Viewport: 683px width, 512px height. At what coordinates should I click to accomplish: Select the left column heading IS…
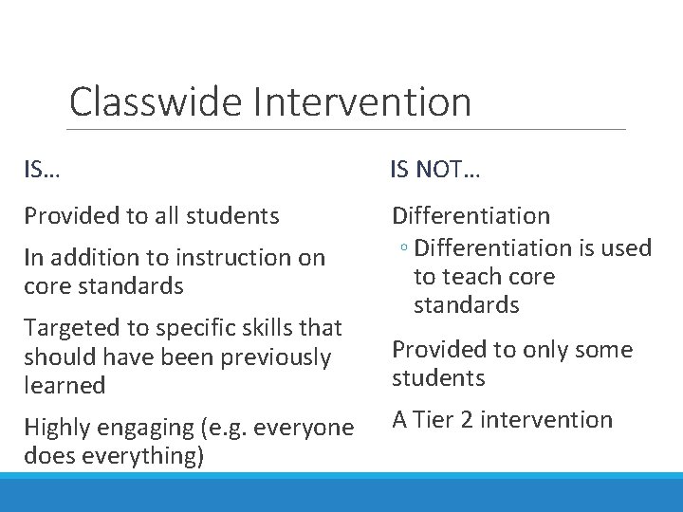(42, 171)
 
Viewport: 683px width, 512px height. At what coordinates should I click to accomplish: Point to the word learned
(65, 386)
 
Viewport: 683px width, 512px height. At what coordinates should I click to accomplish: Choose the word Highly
(56, 428)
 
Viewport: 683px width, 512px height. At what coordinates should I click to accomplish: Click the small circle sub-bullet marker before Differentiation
(404, 248)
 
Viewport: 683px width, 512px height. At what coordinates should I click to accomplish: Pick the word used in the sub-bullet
(628, 248)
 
